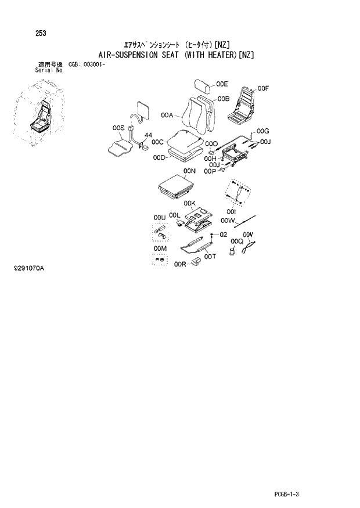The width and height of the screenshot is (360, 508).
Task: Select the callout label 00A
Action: click(x=168, y=116)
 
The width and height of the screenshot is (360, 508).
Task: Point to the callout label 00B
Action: click(x=224, y=99)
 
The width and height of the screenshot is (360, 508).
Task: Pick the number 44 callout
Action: click(x=148, y=135)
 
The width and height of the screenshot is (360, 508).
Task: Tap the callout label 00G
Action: click(x=262, y=132)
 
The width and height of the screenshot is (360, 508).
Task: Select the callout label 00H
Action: click(x=210, y=158)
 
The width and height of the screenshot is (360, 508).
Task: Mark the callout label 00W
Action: click(x=227, y=221)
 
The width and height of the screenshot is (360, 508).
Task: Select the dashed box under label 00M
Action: click(x=160, y=259)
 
